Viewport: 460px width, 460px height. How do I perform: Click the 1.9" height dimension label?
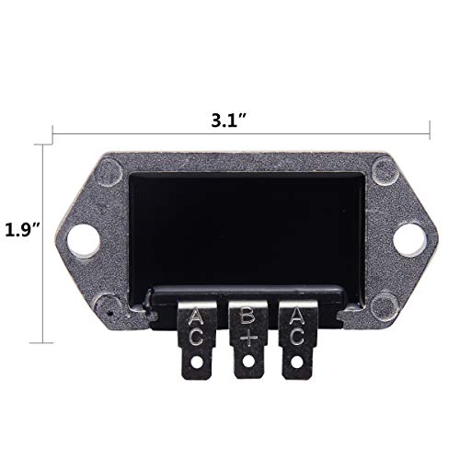tap(19, 229)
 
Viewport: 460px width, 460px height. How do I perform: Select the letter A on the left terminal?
tap(197, 318)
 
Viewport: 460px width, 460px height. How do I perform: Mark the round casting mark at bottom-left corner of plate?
tap(111, 303)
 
